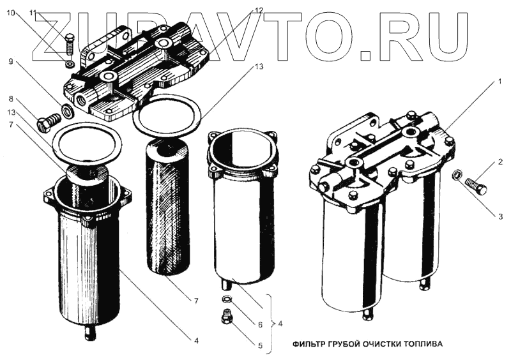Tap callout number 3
coord(501,217)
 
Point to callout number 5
coord(259,347)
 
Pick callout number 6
coord(259,324)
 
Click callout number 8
coord(11,99)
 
